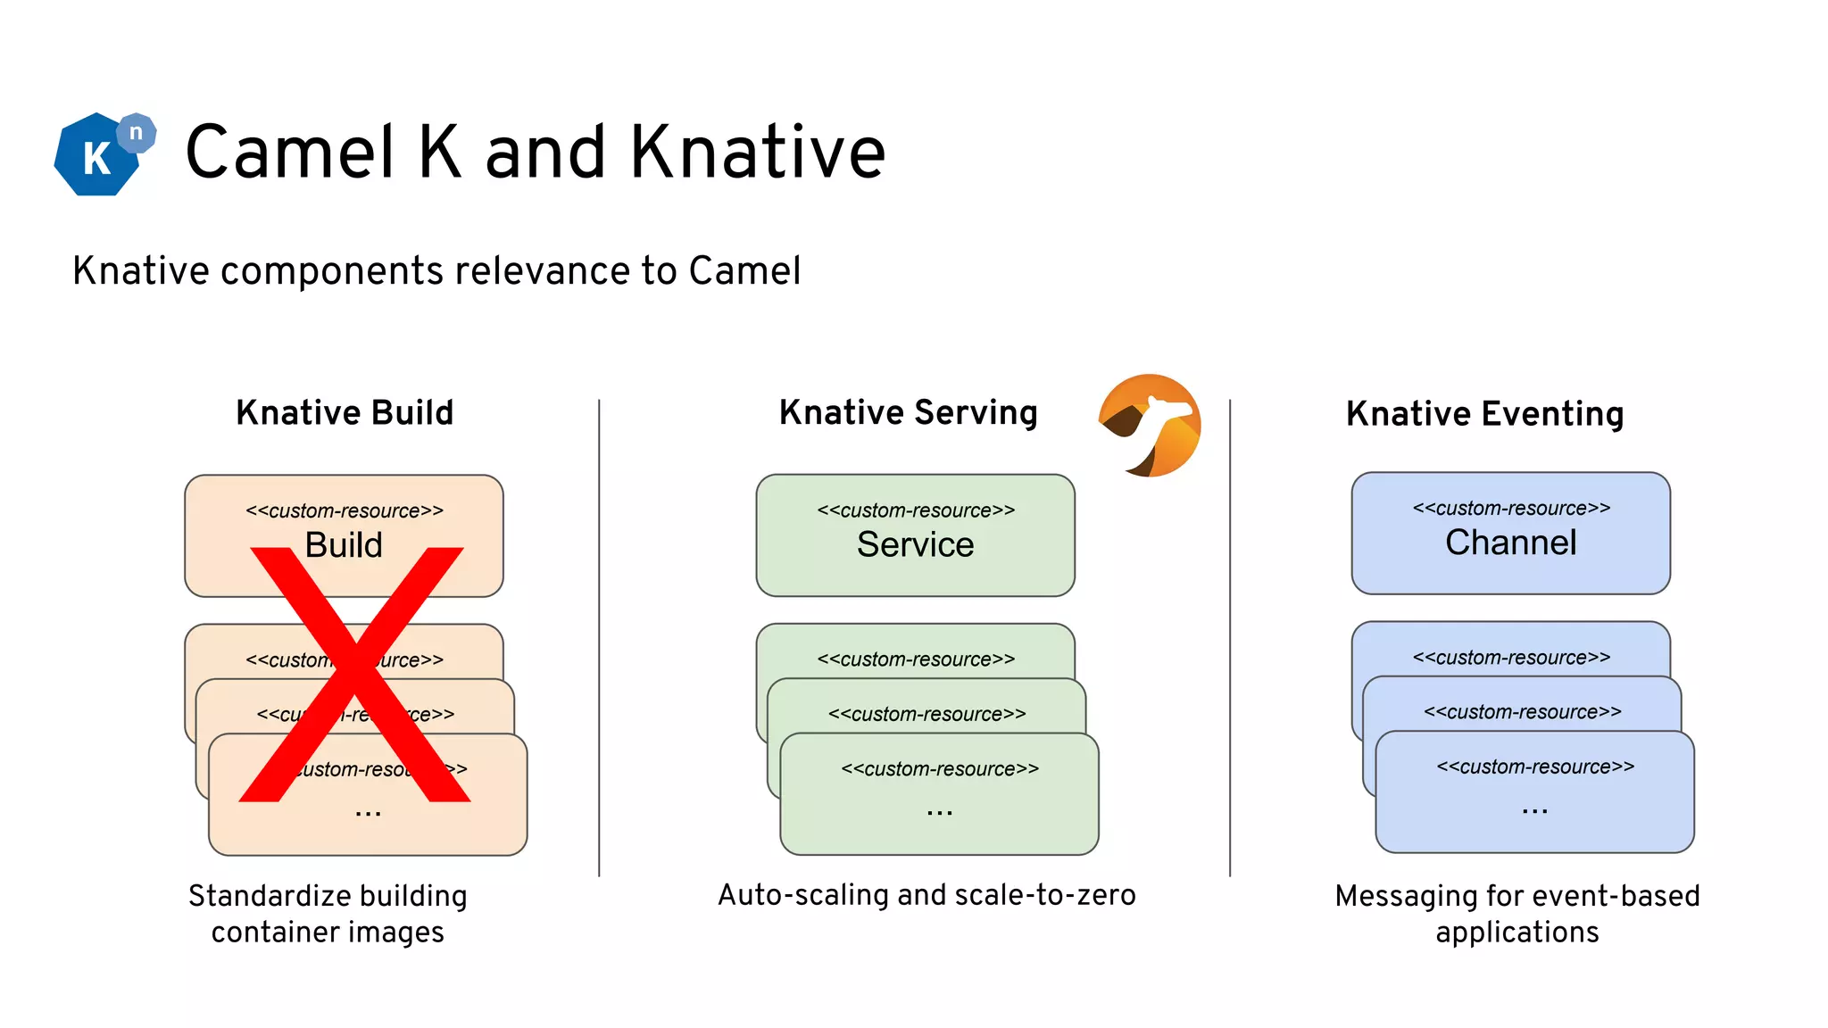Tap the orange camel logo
coord(1150,426)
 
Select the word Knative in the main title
coord(758,153)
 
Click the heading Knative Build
coord(345,413)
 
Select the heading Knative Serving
coord(908,413)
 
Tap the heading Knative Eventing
coord(1484,414)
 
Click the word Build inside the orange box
coord(344,545)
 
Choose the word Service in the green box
coord(915,544)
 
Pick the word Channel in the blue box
coord(1510,543)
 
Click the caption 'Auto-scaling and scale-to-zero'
coord(926,895)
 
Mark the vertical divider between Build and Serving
coord(599,638)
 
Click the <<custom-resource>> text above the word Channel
coord(1511,509)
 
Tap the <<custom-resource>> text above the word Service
coord(916,510)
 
